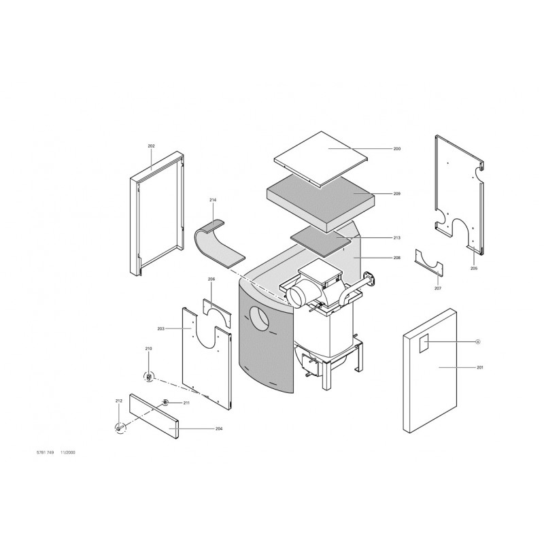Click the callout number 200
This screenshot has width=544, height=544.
397,149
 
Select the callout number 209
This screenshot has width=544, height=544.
397,194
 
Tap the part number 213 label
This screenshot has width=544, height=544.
397,237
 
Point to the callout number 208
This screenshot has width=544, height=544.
397,258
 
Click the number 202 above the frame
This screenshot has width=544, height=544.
151,146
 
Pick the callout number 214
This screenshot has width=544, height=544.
213,200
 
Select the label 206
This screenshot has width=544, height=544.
211,279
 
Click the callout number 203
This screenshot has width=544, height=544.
160,328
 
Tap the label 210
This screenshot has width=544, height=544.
148,348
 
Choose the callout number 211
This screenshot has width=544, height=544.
186,403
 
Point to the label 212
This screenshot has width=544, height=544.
118,401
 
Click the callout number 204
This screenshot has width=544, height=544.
219,429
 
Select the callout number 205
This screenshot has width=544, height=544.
474,268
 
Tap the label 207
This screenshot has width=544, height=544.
438,288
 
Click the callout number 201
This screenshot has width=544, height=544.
480,367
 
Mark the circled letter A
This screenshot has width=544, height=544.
478,342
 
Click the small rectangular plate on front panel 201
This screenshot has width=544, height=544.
424,343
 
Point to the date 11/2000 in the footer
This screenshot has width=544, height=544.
68,453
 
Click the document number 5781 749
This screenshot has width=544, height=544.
45,453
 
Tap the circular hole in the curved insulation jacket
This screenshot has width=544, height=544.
260,319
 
